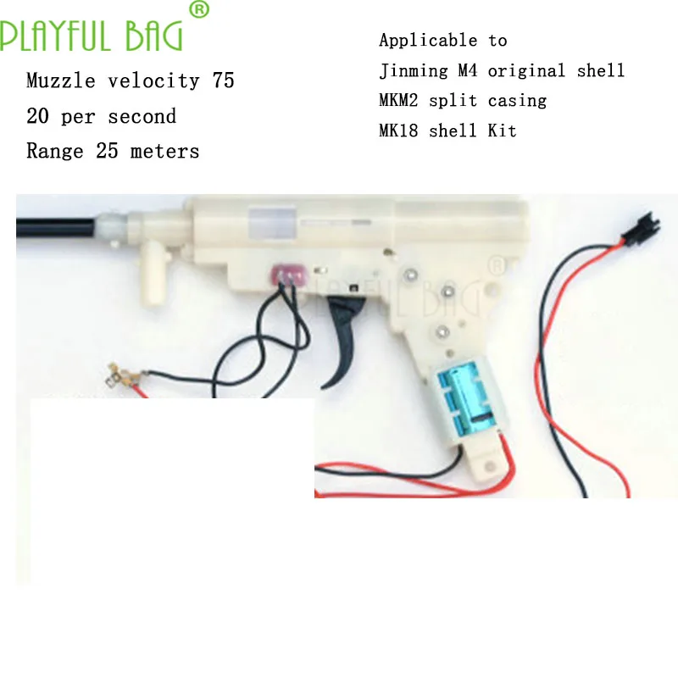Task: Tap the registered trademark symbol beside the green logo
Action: pos(197,9)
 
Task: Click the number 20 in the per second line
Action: pos(38,117)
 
